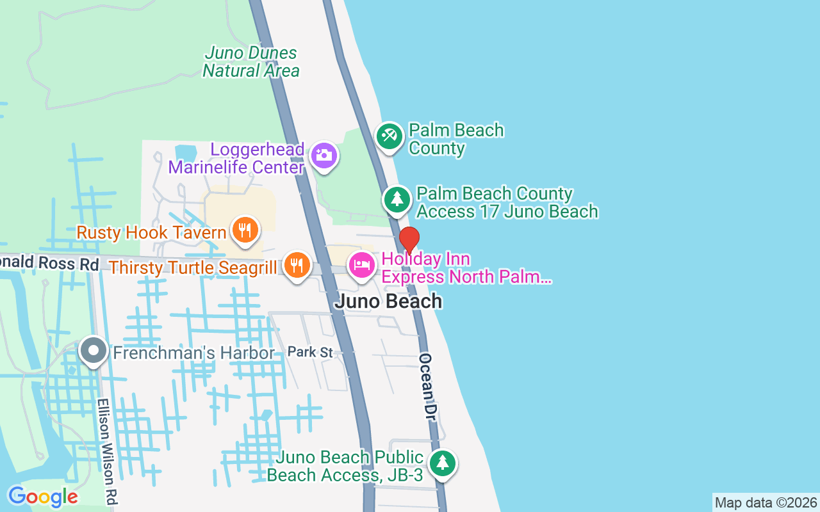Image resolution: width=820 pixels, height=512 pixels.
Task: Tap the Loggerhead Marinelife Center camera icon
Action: point(324,156)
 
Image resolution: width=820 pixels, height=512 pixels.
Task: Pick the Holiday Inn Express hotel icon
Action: point(362,264)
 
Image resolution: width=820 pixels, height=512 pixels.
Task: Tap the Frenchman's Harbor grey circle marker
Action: point(94,351)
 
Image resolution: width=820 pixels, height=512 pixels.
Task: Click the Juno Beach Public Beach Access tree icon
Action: point(442,463)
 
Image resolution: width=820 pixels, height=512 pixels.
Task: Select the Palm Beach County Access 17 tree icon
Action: point(397,199)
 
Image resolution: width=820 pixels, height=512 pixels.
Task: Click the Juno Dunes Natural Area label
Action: point(251,62)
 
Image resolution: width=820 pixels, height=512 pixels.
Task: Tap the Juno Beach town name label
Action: point(388,301)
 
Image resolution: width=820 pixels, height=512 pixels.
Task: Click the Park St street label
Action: point(311,352)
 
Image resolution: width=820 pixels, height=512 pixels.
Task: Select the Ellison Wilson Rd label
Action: point(107,451)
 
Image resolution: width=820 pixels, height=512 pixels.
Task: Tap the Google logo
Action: point(43,497)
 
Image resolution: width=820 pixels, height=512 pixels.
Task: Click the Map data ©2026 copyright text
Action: point(766,502)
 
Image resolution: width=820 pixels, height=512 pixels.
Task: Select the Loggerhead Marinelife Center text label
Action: point(236,159)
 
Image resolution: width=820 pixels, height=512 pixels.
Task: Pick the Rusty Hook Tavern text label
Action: point(151,232)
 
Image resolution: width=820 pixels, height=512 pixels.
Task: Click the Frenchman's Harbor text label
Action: point(193,353)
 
